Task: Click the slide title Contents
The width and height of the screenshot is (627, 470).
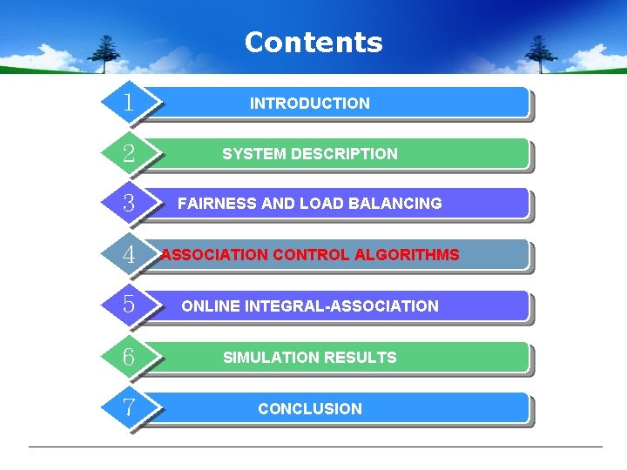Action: pyautogui.click(x=313, y=43)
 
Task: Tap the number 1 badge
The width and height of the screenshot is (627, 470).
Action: pyautogui.click(x=129, y=103)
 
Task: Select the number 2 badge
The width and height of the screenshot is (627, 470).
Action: pyautogui.click(x=129, y=154)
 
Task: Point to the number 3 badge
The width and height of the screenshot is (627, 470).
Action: pyautogui.click(x=129, y=204)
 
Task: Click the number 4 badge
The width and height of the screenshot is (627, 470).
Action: pyautogui.click(x=129, y=255)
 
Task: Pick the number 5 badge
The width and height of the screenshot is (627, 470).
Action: pyautogui.click(x=129, y=305)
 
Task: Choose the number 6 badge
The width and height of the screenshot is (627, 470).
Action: pyautogui.click(x=129, y=357)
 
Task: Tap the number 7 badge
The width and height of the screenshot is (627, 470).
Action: pyautogui.click(x=129, y=407)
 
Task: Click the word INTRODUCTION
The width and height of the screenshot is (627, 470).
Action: pyautogui.click(x=310, y=104)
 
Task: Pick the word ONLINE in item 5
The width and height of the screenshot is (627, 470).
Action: pyautogui.click(x=211, y=306)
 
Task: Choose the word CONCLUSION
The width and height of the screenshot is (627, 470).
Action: pyautogui.click(x=310, y=409)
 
